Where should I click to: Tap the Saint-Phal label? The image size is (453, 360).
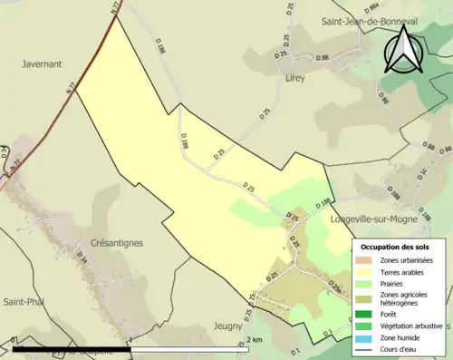[24, 301]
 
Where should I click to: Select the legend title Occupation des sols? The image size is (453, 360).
[395, 247]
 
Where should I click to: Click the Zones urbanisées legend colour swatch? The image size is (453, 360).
[366, 260]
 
